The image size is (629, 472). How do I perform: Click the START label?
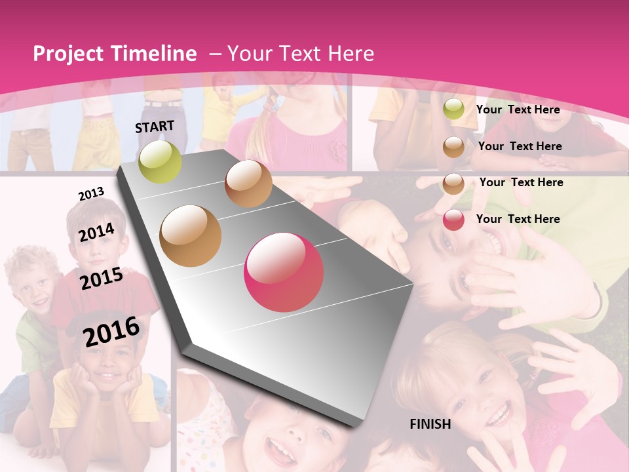(x=155, y=127)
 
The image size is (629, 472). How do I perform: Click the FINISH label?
(x=430, y=424)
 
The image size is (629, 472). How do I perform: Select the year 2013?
(x=91, y=194)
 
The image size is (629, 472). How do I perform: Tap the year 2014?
(x=96, y=232)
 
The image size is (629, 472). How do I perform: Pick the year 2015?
(x=101, y=279)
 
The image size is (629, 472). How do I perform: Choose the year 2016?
(x=111, y=331)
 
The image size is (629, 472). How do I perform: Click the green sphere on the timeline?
(x=160, y=161)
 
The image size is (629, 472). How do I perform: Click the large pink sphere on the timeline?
(x=284, y=272)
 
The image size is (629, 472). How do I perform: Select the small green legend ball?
(x=453, y=109)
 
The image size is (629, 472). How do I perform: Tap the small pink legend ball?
(x=453, y=220)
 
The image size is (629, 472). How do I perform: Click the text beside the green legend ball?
(x=518, y=109)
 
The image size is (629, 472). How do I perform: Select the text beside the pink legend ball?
(x=518, y=219)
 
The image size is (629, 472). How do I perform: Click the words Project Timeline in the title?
(x=115, y=54)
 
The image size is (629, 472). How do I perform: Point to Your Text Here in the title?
(x=301, y=54)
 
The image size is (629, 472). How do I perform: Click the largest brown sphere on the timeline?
(x=191, y=235)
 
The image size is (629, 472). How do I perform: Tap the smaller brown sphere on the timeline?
(x=248, y=184)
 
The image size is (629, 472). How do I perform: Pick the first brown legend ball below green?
(x=453, y=147)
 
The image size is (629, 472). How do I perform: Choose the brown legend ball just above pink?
(x=453, y=184)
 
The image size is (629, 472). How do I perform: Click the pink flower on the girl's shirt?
(x=337, y=151)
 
